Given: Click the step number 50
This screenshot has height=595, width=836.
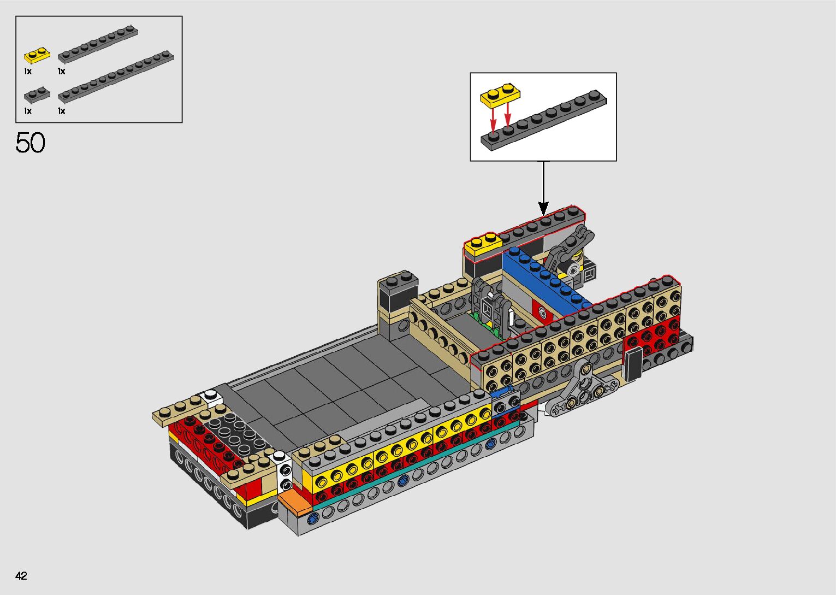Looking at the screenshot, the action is (30, 142).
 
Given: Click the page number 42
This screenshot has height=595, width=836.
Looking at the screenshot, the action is (21, 575).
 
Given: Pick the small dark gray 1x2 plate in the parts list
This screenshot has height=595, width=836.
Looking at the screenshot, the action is (37, 95).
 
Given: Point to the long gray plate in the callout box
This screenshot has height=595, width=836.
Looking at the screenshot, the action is (543, 120).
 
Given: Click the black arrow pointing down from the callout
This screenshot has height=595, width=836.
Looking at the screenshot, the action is (543, 188).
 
